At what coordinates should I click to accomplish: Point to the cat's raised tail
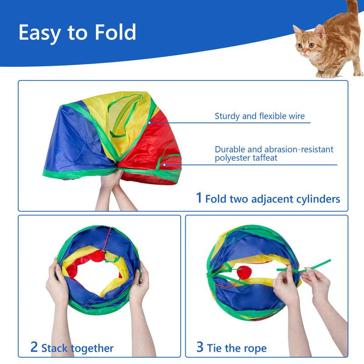(x=352, y=7)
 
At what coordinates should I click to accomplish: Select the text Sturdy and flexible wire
(x=260, y=116)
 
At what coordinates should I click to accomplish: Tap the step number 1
(x=198, y=197)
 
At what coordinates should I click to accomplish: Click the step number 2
(x=34, y=347)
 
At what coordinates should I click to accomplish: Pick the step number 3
(x=200, y=347)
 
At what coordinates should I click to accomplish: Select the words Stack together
(x=77, y=349)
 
